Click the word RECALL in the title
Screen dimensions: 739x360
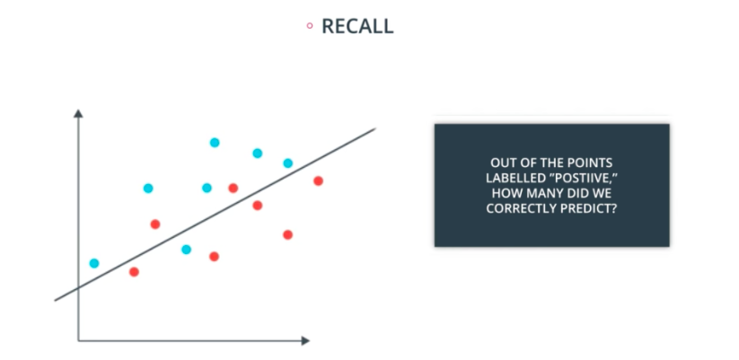click(357, 26)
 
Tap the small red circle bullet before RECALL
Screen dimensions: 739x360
click(310, 26)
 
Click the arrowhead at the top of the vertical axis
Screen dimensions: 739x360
click(78, 114)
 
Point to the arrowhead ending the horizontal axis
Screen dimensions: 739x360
click(304, 340)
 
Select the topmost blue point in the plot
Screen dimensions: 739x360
click(215, 142)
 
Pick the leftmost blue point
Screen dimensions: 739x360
click(94, 263)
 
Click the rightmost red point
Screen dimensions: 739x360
click(318, 180)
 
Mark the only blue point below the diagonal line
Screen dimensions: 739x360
click(186, 250)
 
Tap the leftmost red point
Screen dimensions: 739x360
click(134, 271)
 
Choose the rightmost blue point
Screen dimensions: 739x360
click(288, 163)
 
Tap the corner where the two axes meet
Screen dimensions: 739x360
click(79, 340)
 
